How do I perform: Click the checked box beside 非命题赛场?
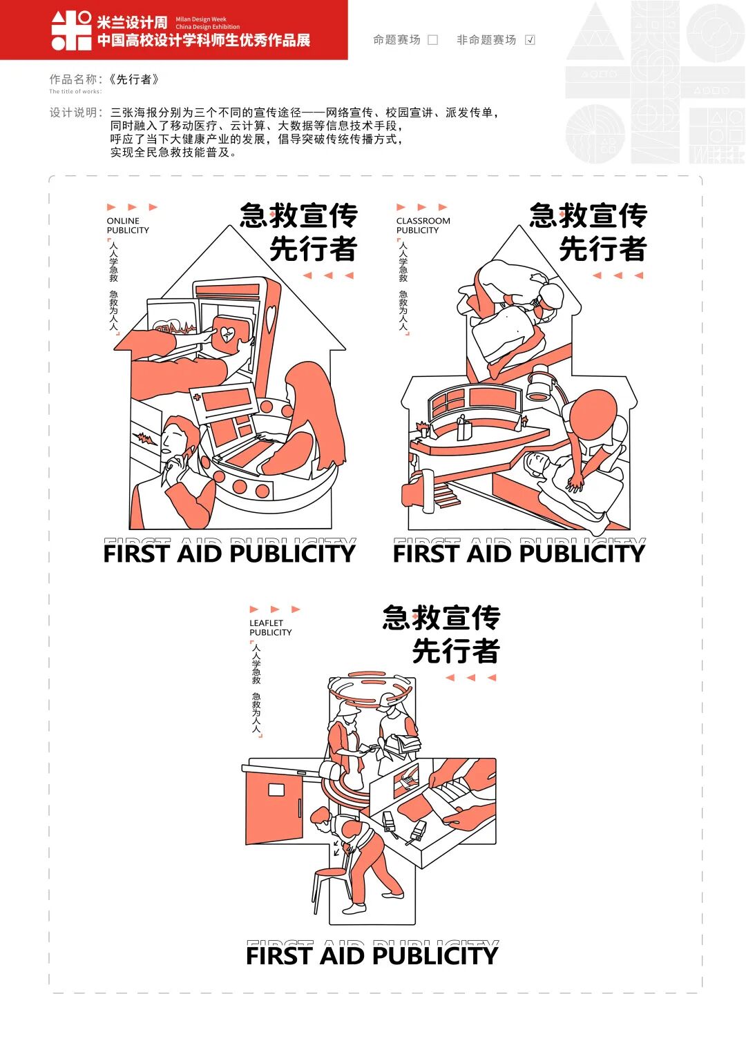coord(530,40)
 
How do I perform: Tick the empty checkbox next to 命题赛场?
coord(433,40)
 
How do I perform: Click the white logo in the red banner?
coord(71,30)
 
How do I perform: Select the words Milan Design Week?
coord(201,20)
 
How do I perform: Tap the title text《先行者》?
coord(134,79)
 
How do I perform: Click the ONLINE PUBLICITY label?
coord(128,226)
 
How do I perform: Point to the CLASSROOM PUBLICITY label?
coord(423,226)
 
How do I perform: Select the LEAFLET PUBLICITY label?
coord(270,627)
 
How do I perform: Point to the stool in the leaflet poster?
coord(330,886)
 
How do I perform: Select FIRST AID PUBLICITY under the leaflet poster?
coord(372,956)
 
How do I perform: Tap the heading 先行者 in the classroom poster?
coord(602,249)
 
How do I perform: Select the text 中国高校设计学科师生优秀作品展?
coord(204,40)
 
